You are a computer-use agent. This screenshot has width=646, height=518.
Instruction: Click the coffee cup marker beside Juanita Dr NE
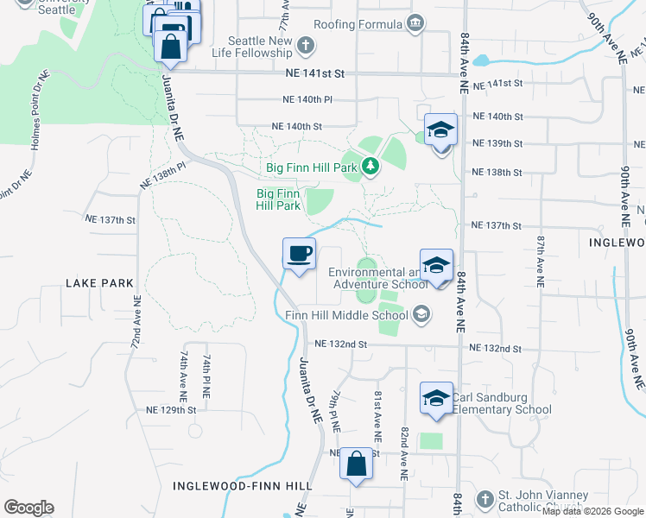tap(300, 255)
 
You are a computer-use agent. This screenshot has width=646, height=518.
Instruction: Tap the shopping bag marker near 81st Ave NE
tap(355, 464)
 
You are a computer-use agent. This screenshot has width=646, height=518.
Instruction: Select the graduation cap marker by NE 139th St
tap(440, 131)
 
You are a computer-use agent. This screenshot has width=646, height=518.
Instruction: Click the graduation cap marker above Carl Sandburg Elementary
tap(436, 399)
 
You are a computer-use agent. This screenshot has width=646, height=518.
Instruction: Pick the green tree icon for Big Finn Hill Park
tap(371, 165)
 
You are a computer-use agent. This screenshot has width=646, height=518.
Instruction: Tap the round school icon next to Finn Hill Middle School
tap(421, 314)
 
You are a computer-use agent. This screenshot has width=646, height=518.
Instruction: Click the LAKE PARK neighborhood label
tap(99, 282)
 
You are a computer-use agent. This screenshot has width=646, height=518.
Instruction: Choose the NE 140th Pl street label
tap(307, 99)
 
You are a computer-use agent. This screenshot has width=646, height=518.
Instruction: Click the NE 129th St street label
tap(172, 410)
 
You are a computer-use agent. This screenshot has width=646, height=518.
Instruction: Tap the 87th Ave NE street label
tap(541, 261)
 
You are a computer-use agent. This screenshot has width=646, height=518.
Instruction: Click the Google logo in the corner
tap(29, 508)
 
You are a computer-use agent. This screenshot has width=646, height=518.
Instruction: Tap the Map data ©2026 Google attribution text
tap(592, 511)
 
